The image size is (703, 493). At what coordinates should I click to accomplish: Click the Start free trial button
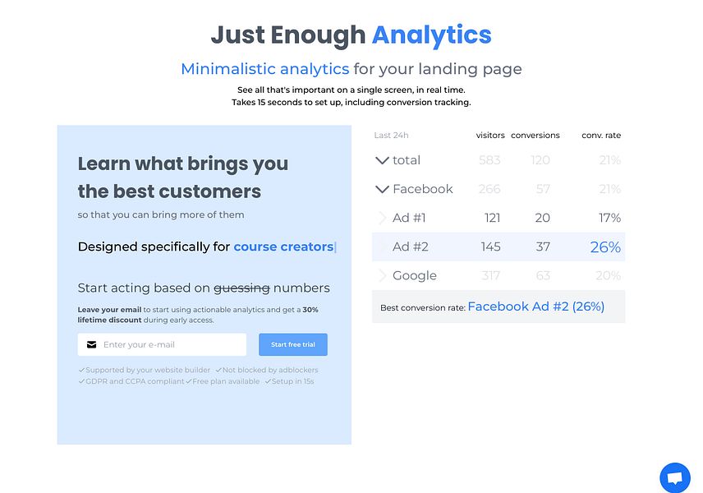292,344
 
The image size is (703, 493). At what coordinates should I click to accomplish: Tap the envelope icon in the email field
92,344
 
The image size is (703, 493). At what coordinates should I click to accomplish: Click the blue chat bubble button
674,477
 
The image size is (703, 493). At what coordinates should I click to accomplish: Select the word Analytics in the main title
431,35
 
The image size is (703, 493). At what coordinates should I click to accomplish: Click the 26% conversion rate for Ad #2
605,246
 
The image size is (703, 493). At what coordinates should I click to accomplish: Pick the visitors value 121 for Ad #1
492,218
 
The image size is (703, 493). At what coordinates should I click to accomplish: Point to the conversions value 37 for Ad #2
542,246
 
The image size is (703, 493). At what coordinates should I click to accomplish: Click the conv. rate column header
601,136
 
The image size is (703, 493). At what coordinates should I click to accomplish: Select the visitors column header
490,136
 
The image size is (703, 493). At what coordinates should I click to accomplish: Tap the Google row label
414,275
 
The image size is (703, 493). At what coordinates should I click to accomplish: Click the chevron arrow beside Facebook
382,189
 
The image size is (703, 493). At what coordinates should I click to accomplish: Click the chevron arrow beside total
382,160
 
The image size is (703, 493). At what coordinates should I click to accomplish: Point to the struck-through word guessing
241,288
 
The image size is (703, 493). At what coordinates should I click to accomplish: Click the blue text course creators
283,246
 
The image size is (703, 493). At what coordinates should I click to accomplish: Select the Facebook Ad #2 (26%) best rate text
535,306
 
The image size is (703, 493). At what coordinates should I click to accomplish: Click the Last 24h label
391,136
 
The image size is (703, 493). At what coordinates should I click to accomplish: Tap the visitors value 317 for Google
490,275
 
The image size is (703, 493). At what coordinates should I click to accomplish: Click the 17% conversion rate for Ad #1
609,218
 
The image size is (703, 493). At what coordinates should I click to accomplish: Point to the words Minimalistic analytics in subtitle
264,69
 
